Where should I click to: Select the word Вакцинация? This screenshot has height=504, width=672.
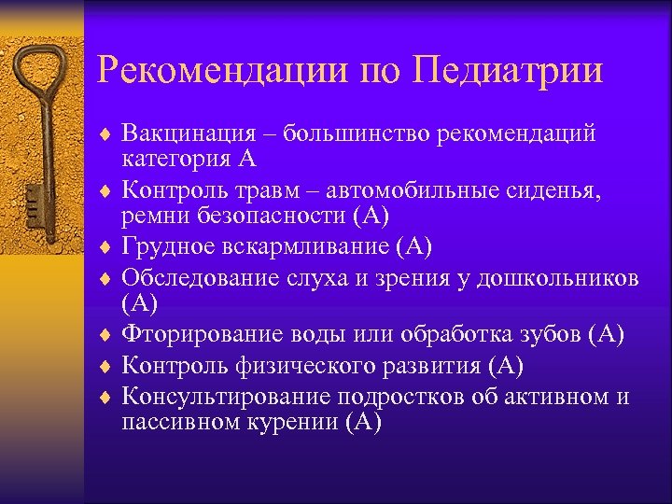pos(187,133)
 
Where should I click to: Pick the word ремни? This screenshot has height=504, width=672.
pos(154,217)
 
